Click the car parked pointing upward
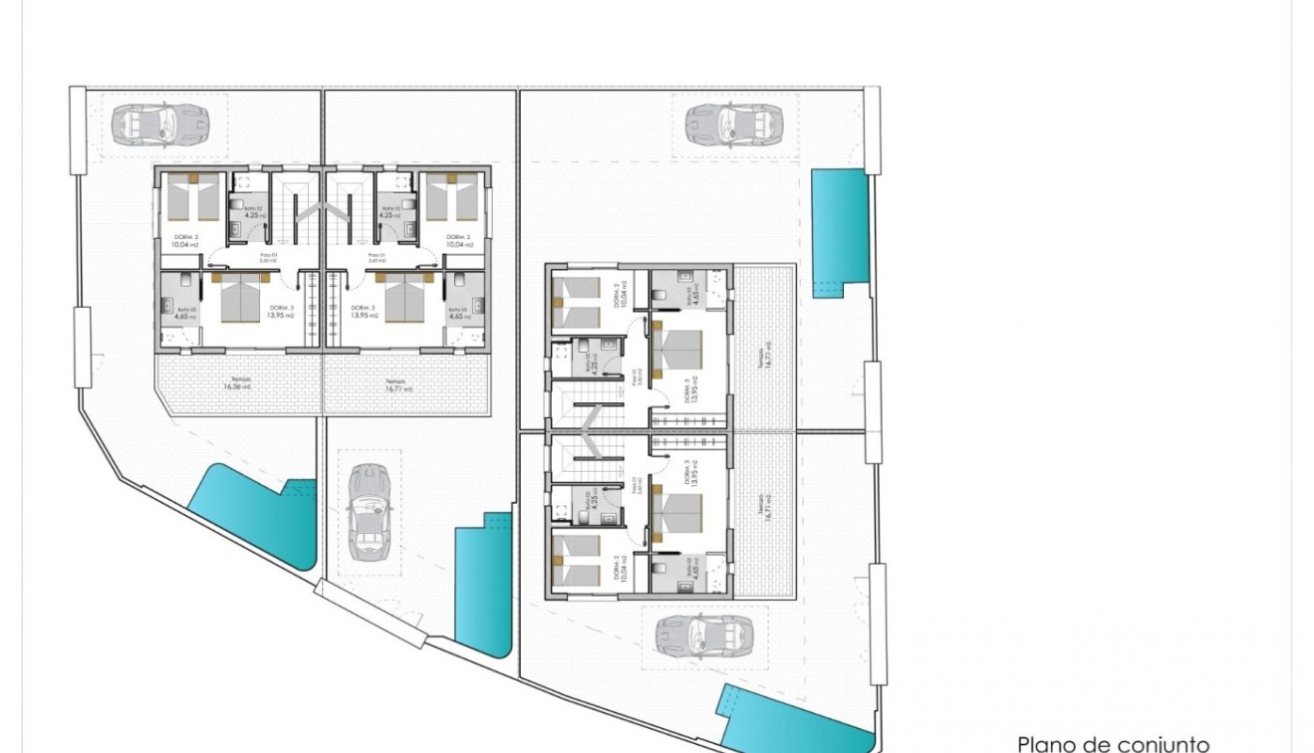point(369,512)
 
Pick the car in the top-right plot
point(734,125)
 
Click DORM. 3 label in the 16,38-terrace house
point(281,312)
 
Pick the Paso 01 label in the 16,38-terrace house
point(267,257)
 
